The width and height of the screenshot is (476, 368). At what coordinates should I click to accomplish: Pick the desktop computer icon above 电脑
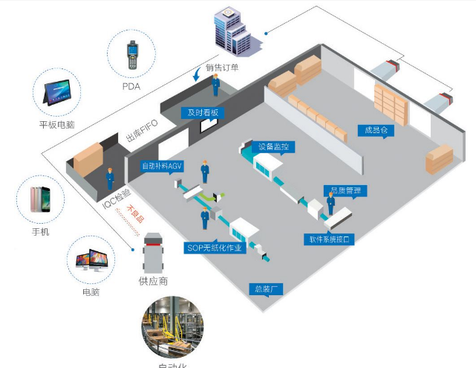91,262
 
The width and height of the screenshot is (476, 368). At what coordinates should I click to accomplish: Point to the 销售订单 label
222,68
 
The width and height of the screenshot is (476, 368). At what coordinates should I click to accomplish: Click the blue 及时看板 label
202,112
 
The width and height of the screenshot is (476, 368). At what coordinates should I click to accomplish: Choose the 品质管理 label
344,191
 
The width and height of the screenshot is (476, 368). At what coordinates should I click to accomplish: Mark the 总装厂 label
266,288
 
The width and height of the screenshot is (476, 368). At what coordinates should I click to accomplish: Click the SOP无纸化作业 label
215,248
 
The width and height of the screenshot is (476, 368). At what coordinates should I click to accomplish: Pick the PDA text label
131,86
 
